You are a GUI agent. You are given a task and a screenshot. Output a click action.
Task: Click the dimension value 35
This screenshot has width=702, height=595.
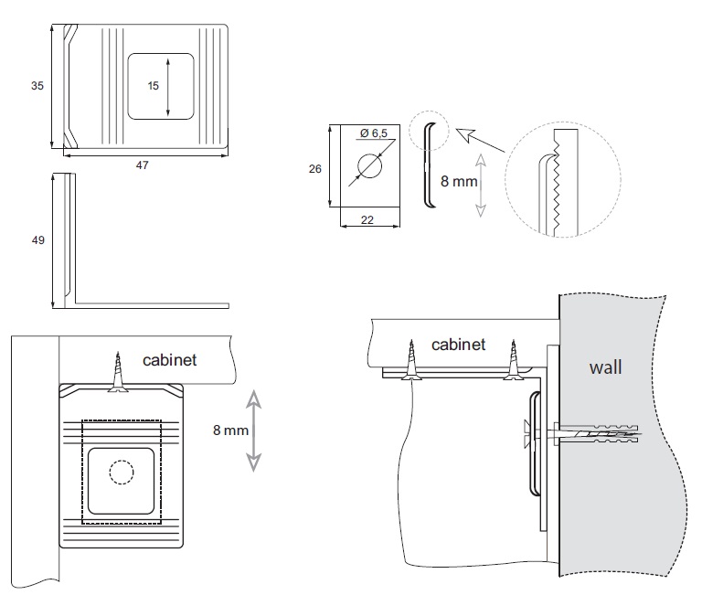37,86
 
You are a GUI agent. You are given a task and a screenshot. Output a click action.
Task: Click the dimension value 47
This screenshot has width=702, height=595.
142,165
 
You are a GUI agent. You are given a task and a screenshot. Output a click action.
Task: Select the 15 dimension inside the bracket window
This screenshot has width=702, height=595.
154,85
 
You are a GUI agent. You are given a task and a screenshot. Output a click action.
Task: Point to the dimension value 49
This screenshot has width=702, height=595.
37,240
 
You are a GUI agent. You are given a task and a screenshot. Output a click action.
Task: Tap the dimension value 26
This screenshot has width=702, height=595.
315,170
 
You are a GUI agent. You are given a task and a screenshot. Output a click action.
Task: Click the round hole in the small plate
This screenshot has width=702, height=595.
369,167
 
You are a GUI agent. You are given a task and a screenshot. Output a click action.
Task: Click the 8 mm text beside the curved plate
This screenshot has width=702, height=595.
459,182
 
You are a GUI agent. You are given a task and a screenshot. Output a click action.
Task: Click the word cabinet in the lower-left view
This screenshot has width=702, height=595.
169,359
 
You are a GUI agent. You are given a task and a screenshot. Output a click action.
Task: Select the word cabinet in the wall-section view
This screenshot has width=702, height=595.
458,345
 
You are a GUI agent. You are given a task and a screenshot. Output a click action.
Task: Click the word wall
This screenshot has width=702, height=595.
605,367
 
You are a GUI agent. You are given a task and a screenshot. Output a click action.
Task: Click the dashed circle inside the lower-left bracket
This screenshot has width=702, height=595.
121,472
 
